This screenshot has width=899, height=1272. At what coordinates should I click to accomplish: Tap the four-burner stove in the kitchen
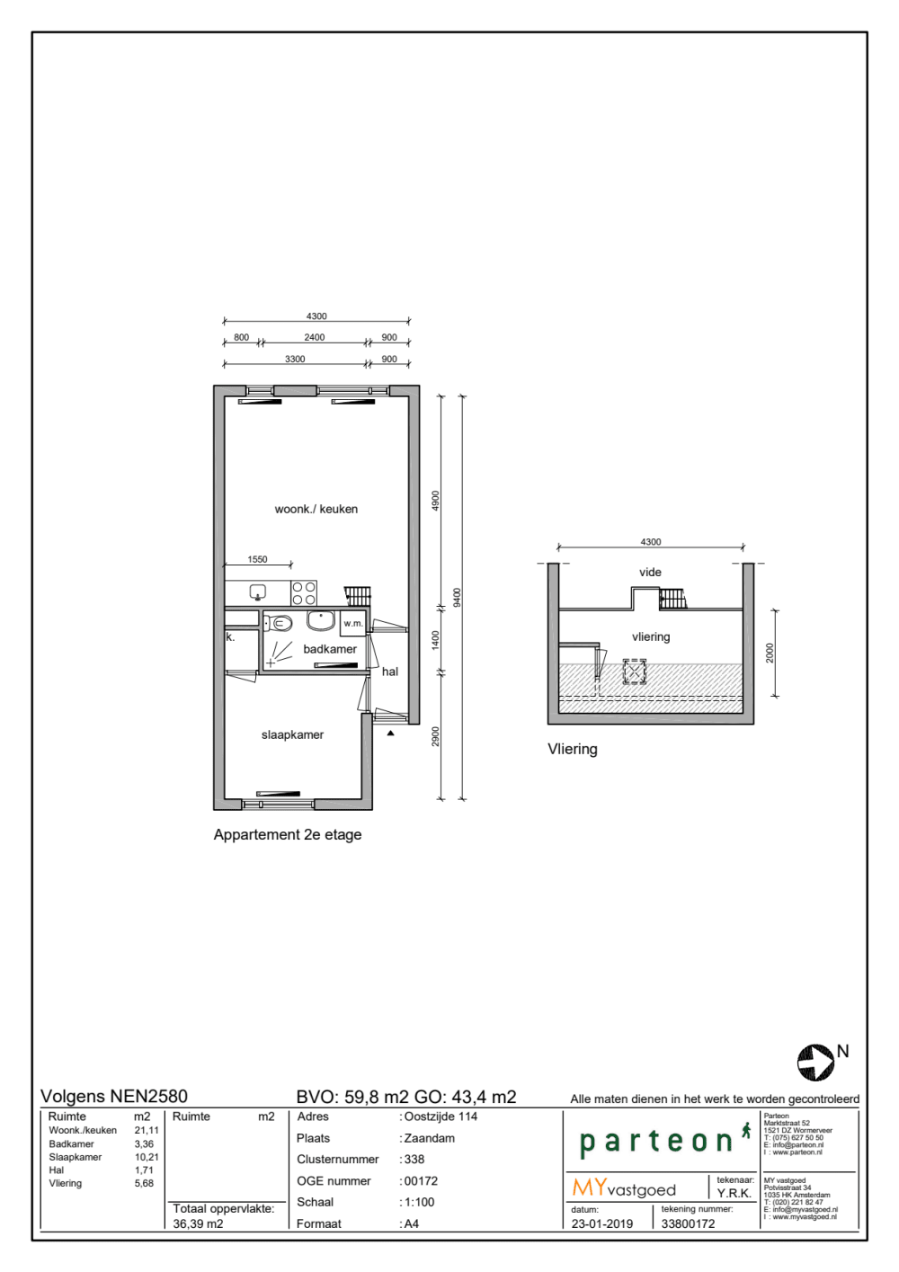[304, 592]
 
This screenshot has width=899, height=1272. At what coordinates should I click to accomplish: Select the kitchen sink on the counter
[258, 592]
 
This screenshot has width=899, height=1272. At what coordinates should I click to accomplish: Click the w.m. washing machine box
[352, 624]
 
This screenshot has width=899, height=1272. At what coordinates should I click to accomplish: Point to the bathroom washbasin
[321, 620]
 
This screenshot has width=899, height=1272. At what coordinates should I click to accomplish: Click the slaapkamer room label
[292, 734]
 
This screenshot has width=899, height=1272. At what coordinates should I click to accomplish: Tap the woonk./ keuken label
[316, 509]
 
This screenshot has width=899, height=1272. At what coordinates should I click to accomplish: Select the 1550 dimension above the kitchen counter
[257, 559]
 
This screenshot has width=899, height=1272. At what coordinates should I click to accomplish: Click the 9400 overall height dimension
[458, 598]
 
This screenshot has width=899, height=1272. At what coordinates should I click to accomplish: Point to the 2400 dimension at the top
[314, 337]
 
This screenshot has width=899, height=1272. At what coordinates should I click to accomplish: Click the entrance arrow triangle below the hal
[391, 734]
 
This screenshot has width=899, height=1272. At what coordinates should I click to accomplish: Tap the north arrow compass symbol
[815, 1063]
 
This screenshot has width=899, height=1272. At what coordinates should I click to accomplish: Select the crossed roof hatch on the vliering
[635, 672]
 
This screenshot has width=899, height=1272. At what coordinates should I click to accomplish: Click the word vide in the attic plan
[650, 572]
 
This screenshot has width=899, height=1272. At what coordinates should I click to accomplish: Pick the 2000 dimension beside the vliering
[770, 653]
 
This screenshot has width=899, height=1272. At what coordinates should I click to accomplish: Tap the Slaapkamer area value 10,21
[147, 1157]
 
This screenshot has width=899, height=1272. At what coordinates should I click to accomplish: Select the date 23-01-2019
[602, 1223]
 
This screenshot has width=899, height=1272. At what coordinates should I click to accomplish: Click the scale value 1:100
[420, 1202]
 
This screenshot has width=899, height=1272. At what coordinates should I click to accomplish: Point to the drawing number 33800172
[688, 1223]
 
